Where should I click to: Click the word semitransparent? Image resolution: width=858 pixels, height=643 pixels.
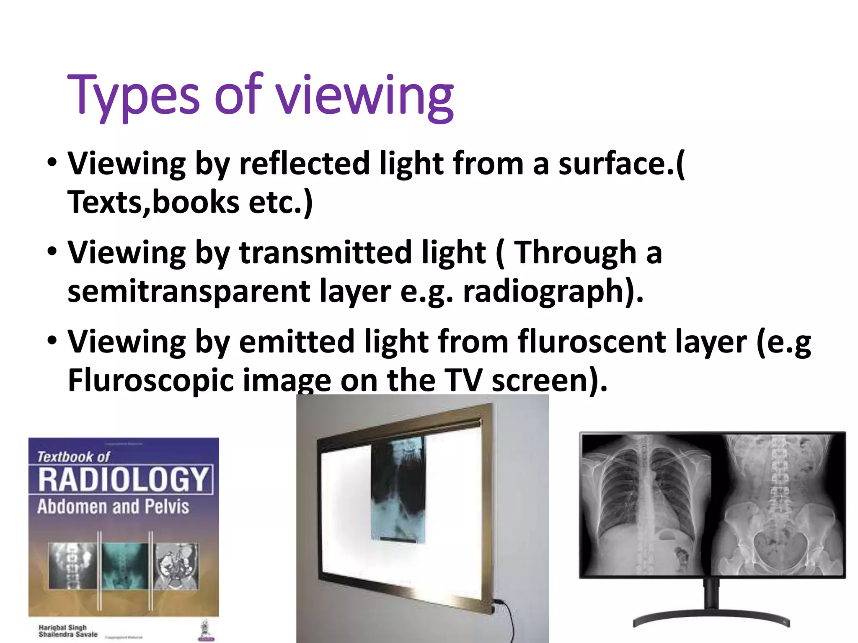coord(189,292)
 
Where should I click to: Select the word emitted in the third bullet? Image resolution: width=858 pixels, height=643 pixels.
coord(297,342)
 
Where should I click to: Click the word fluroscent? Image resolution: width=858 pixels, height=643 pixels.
coord(592,342)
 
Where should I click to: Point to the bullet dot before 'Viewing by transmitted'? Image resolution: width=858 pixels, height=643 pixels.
coord(52,252)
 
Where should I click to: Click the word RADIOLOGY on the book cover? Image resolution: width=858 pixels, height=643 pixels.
coord(123,480)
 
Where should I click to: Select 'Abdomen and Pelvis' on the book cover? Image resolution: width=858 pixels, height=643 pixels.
coord(113,507)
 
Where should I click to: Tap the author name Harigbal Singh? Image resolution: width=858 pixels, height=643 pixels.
coord(62,627)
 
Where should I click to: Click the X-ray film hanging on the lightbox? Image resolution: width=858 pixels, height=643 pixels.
coord(398,490)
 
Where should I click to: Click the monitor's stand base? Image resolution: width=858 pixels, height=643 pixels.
coord(711,619)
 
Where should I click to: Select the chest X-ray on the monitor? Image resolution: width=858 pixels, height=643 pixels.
coord(645,504)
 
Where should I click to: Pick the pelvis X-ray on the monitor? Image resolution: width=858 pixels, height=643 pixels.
coord(778,504)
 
